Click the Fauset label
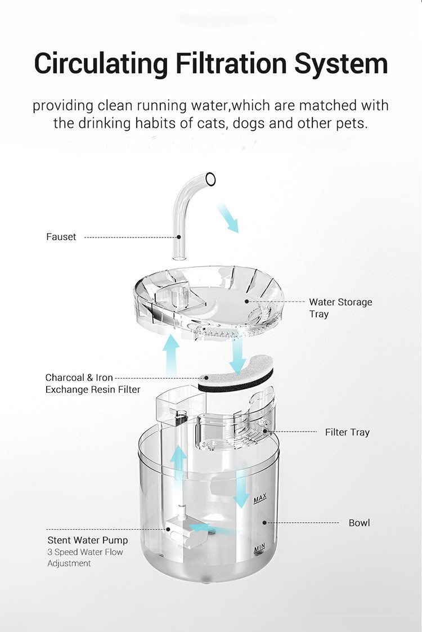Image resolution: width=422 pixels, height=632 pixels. click(61, 237)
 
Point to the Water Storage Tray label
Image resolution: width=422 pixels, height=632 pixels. click(340, 308)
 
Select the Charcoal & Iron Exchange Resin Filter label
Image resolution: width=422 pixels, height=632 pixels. click(93, 383)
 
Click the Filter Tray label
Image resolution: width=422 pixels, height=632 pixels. click(347, 432)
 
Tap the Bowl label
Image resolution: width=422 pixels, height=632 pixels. click(359, 523)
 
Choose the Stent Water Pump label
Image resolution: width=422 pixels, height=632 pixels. click(87, 540)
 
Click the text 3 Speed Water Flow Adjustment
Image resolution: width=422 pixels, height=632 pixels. click(85, 558)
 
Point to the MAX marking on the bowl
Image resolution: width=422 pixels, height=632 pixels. click(259, 499)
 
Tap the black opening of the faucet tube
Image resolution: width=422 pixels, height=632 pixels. click(210, 179)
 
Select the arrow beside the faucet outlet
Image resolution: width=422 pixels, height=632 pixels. click(228, 218)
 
